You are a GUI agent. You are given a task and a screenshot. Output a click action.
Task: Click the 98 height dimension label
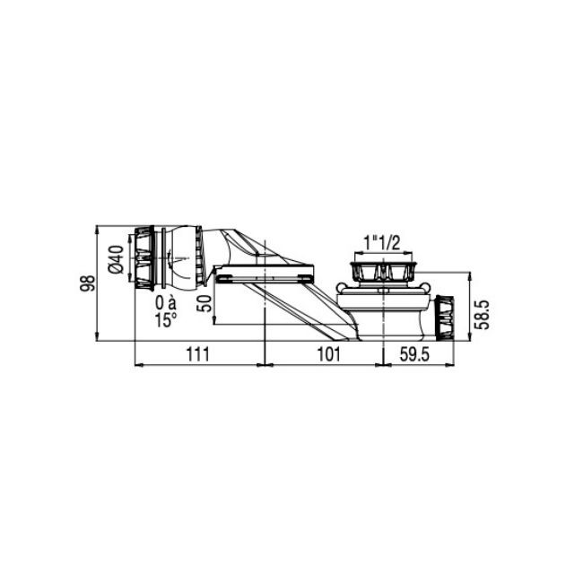[89, 283]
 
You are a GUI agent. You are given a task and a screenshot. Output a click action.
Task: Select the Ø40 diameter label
[117, 259]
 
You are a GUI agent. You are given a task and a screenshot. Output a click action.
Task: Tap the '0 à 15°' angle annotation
[166, 312]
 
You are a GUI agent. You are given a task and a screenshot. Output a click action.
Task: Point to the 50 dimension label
[205, 303]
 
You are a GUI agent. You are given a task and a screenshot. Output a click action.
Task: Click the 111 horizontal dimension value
[198, 354]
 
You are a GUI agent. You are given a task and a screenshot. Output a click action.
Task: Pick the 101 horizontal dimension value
[328, 354]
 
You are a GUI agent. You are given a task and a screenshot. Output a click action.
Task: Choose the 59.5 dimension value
[414, 354]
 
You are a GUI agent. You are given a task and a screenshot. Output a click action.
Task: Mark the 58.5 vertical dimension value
[483, 316]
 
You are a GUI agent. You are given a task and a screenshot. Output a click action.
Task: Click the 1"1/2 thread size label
[382, 244]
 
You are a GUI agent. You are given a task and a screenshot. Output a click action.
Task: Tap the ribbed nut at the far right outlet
[445, 318]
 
